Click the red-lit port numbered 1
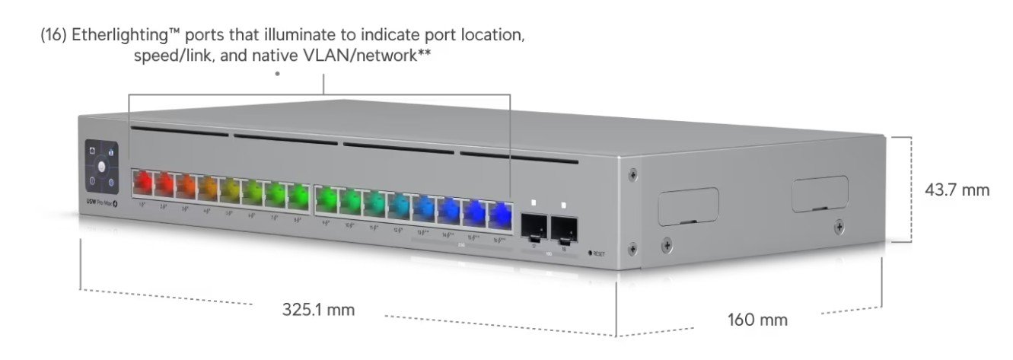142,183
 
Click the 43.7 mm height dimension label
957,190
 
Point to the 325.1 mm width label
318,310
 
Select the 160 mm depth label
757,320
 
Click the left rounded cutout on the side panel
687,205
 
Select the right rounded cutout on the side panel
820,194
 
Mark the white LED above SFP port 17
534,203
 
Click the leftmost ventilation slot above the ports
179,132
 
